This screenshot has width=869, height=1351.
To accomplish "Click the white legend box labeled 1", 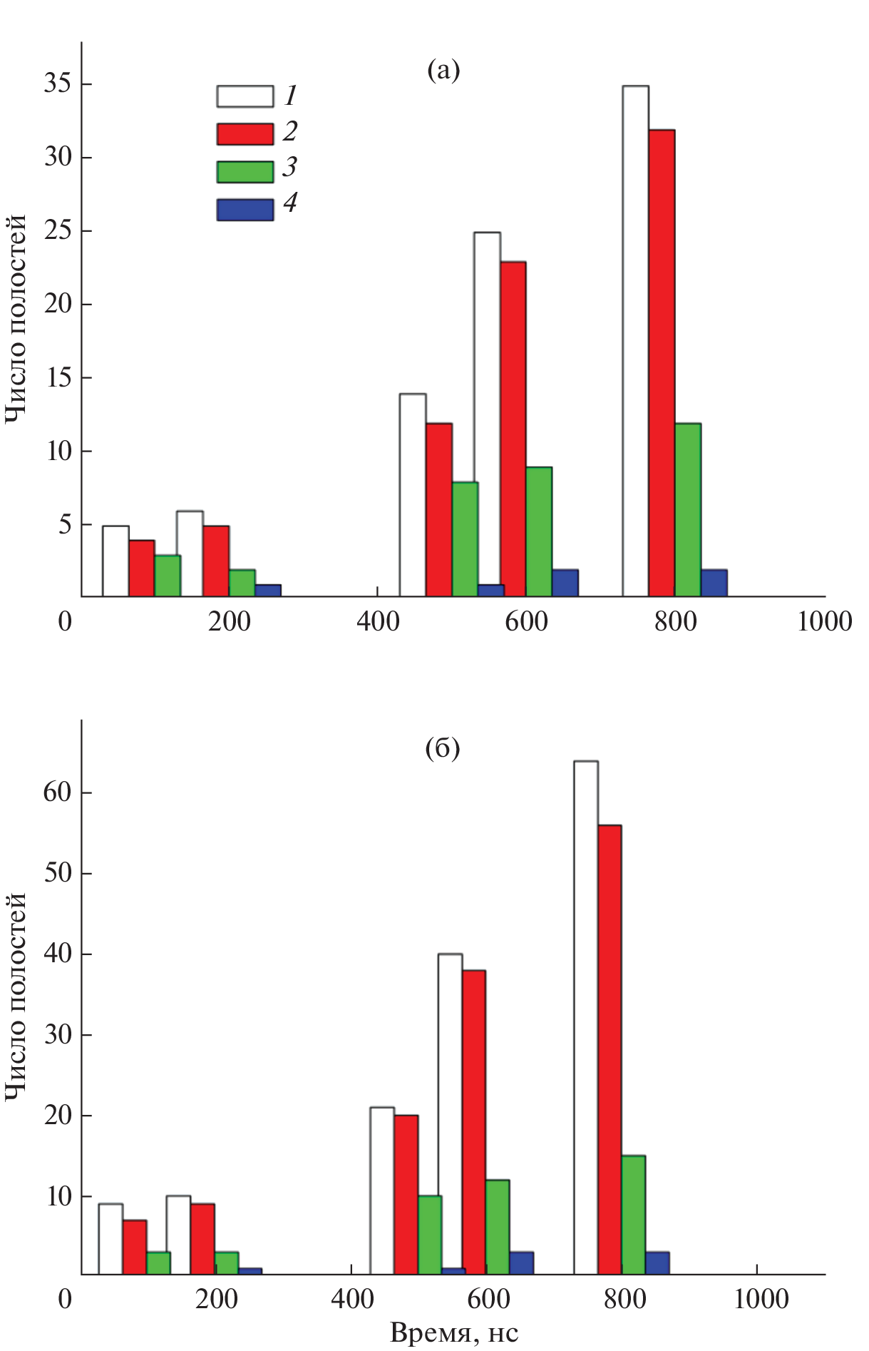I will (x=245, y=96).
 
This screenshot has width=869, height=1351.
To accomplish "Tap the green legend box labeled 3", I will (x=245, y=172).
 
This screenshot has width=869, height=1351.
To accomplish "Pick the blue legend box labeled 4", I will (x=245, y=210).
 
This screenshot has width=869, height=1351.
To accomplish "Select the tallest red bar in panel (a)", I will (x=662, y=363).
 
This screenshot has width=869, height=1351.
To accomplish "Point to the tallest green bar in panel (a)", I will (x=688, y=510).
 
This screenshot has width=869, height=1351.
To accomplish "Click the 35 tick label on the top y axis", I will (x=58, y=84).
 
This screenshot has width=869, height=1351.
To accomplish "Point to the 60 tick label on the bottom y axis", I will (x=58, y=792).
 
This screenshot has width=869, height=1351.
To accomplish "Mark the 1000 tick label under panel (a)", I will (x=824, y=622).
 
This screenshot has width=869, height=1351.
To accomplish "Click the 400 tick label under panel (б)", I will (x=352, y=1298).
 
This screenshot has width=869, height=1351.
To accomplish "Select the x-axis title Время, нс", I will (x=454, y=1332).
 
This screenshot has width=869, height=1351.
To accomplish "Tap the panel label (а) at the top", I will (x=443, y=70).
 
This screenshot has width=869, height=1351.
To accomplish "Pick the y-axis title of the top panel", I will (x=16, y=319).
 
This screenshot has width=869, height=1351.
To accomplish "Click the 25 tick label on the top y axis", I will (x=58, y=231).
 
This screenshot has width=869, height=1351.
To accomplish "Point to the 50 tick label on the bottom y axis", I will (x=58, y=873).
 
